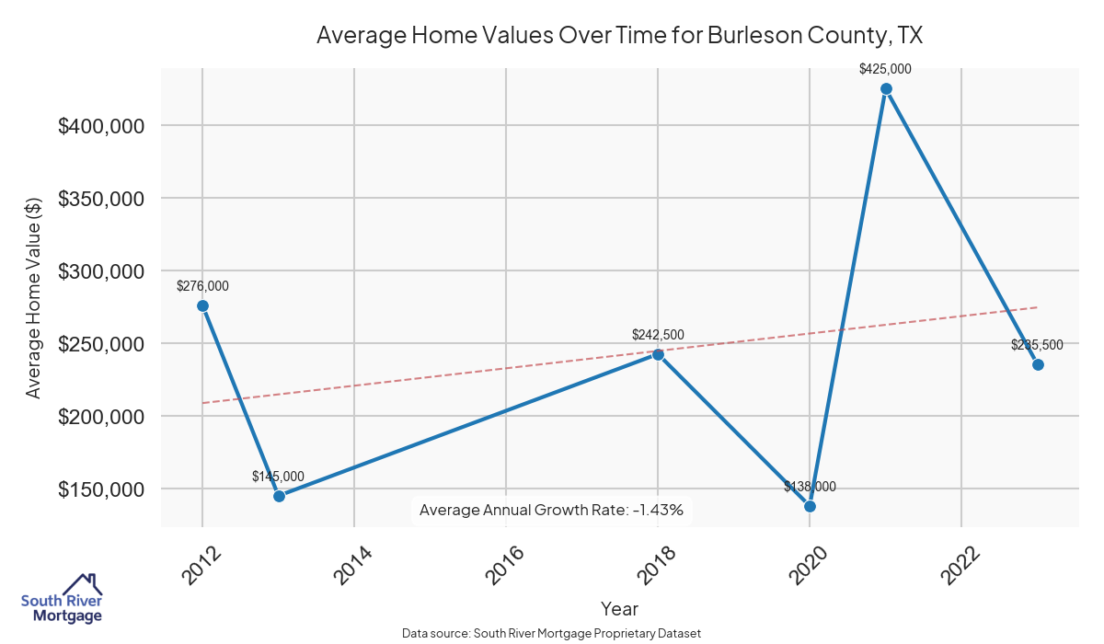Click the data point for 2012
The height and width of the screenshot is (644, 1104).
(x=202, y=305)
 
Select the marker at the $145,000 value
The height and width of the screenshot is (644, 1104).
(x=279, y=496)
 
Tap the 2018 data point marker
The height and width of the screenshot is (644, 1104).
(x=658, y=354)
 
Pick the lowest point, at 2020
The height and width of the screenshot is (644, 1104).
(x=810, y=506)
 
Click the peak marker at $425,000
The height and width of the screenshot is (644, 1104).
(x=886, y=88)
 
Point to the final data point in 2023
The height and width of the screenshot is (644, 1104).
(x=1038, y=364)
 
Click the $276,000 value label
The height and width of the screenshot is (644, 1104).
(x=202, y=286)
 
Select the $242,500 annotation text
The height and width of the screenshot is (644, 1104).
(x=658, y=335)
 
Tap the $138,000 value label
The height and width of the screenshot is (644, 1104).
(x=810, y=487)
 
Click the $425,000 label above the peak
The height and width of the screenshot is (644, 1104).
(x=885, y=69)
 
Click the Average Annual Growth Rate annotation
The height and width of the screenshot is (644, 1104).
(x=551, y=510)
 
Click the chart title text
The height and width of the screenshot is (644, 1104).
(x=619, y=36)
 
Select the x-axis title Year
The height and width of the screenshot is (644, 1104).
(x=619, y=608)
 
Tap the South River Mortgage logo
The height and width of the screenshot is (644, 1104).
(x=63, y=599)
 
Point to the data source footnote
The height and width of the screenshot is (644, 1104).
(x=551, y=634)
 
